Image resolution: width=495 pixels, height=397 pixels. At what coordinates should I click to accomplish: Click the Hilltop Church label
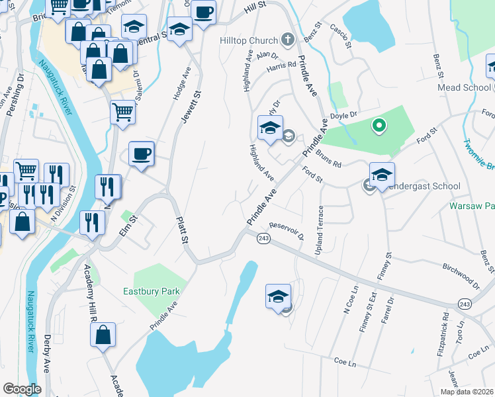[249, 40]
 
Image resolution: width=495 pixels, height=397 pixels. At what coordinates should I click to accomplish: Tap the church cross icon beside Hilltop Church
[287, 40]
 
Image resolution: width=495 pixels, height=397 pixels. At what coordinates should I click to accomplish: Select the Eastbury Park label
[151, 291]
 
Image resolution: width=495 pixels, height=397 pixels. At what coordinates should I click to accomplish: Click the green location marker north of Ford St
[379, 124]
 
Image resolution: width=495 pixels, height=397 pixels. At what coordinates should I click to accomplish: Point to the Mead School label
[463, 87]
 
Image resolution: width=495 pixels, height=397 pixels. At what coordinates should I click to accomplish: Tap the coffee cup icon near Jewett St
[141, 154]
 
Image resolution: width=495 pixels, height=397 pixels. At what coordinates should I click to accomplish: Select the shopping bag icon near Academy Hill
[103, 335]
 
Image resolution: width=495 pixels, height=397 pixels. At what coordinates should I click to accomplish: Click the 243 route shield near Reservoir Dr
[263, 238]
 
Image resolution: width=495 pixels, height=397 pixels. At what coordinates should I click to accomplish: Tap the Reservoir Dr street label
[286, 230]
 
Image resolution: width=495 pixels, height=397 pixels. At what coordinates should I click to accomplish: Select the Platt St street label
[181, 229]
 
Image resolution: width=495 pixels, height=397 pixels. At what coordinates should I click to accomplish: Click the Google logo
[22, 389]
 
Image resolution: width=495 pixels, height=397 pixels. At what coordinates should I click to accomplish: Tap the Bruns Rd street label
[328, 160]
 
